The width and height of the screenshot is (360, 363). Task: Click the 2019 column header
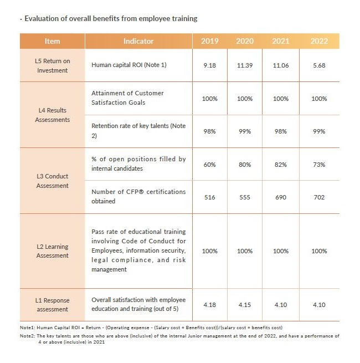point(209,41)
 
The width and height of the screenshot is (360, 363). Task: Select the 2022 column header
point(319,41)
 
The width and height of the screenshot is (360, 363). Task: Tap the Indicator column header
point(138,41)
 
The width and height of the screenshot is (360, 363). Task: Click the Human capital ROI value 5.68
point(319,65)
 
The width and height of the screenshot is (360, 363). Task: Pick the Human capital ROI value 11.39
point(245,65)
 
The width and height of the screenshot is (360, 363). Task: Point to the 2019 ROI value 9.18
point(209,65)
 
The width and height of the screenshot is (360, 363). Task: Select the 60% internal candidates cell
point(209,165)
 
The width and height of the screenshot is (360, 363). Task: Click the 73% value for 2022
point(319,165)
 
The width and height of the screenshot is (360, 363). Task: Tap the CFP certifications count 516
point(209,197)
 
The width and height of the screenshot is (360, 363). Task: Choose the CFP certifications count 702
point(319,197)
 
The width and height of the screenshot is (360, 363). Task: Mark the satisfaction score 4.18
point(209,305)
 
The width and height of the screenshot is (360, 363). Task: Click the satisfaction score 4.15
point(245,305)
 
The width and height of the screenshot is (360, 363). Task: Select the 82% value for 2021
point(281,165)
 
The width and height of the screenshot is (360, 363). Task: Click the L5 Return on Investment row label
point(53,66)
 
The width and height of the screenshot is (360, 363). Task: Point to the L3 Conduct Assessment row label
point(53,181)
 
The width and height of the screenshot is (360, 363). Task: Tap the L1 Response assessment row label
point(53,305)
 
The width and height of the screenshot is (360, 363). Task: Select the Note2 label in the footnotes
point(28,336)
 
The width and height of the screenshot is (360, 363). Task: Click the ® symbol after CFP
point(141,192)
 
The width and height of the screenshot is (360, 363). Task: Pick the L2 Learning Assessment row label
point(53,251)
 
